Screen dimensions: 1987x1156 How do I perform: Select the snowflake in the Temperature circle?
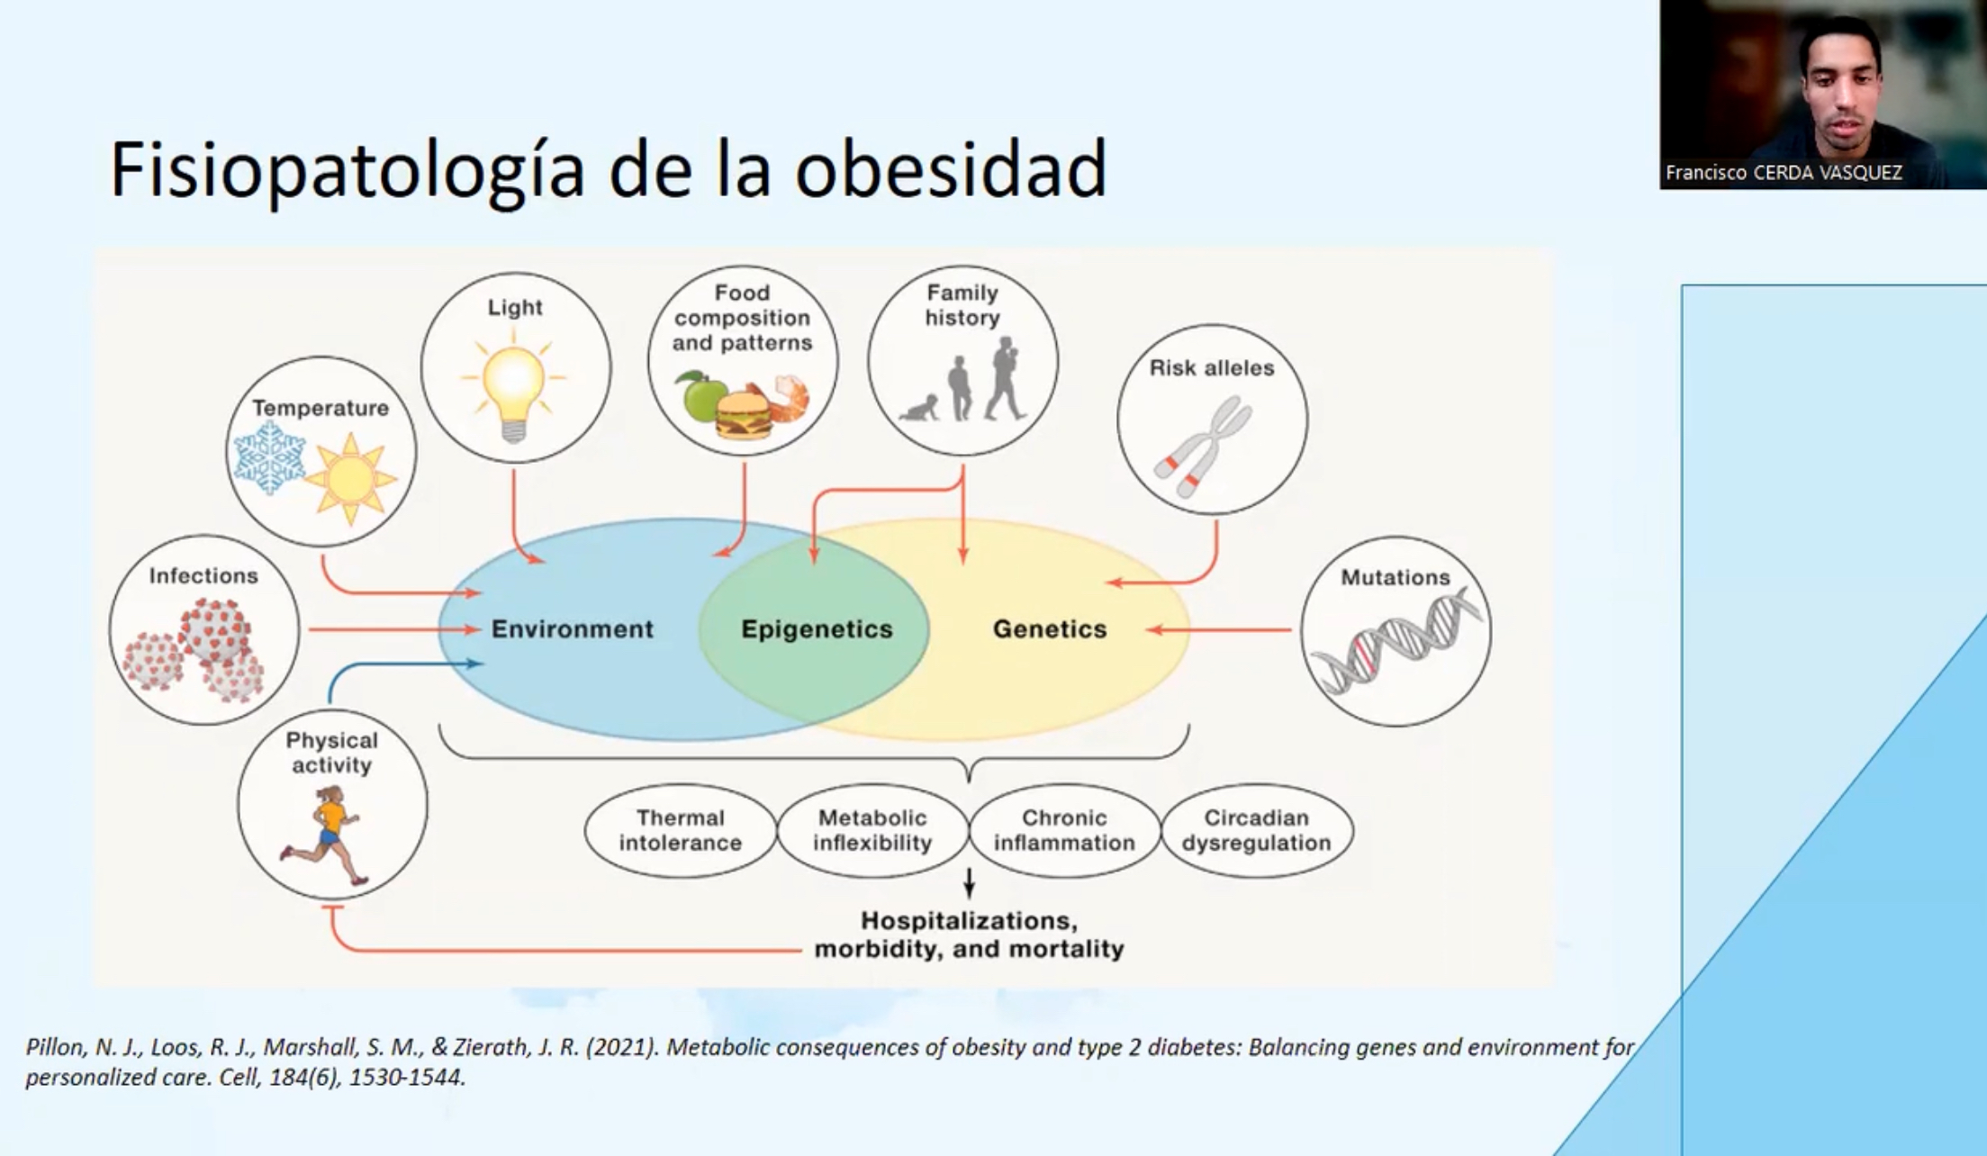coord(268,457)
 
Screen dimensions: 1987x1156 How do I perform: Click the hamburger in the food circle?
coord(744,413)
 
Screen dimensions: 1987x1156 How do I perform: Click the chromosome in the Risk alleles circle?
coord(1204,447)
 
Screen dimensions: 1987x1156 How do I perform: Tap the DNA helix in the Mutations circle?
coord(1395,640)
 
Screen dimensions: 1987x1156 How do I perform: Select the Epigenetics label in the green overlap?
coord(817,629)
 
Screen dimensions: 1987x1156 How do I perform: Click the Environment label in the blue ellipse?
coord(573,629)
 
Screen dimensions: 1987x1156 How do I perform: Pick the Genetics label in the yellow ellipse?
coord(1050,629)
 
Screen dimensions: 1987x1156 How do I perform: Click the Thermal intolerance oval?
coord(681,830)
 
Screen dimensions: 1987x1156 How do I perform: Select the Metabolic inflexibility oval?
coord(872,830)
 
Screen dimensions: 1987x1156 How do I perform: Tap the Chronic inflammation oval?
coord(1064,830)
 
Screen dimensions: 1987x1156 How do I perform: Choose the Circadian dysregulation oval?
coord(1257,830)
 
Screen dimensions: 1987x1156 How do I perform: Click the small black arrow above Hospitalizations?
coord(969,883)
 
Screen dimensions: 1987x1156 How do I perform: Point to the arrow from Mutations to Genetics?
coord(1219,630)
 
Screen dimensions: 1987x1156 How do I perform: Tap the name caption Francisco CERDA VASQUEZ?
coord(1784,172)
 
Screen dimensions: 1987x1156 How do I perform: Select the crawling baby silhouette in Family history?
coord(919,408)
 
